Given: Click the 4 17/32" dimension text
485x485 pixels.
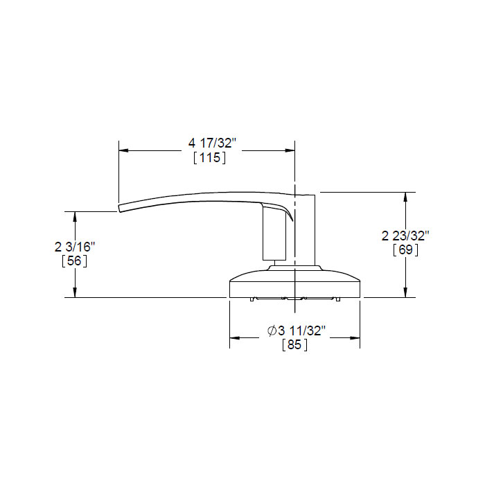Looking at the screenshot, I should (x=213, y=143).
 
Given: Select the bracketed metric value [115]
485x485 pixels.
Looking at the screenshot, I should (x=210, y=159).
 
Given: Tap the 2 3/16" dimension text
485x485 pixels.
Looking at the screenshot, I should (x=74, y=247).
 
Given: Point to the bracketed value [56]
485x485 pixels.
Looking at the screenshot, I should (x=74, y=261).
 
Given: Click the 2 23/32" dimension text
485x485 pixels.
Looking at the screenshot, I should (x=406, y=236).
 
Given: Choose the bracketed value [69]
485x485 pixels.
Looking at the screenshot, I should (x=405, y=250).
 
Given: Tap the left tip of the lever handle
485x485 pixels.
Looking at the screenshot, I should (x=121, y=206).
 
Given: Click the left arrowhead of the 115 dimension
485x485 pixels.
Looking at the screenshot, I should (x=124, y=150).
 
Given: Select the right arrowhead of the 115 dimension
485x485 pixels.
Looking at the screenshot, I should (x=291, y=150).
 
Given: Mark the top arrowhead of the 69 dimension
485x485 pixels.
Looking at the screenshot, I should (x=405, y=196).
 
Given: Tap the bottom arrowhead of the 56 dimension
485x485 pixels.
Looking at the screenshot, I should (x=75, y=293).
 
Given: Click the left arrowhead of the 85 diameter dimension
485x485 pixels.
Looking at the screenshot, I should (x=234, y=338).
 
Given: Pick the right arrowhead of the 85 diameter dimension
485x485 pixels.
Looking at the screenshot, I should (x=355, y=338).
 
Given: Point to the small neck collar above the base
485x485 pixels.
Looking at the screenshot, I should (x=294, y=267).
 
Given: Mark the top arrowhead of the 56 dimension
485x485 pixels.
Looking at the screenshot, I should (x=75, y=215).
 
